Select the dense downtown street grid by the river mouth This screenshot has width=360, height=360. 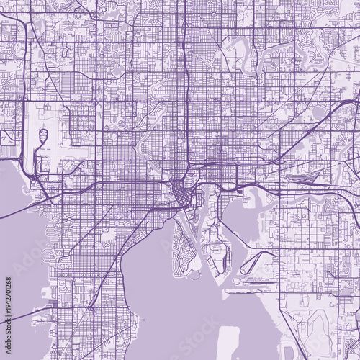point(180,194)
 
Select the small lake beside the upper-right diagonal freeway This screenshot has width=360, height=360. point(319,112)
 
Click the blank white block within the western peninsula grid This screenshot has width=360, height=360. point(109,234)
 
